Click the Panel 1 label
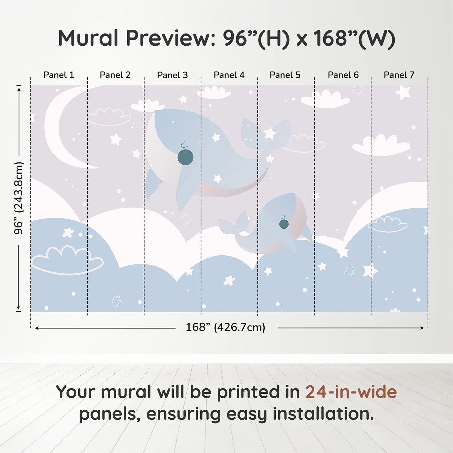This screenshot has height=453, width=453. [59, 75]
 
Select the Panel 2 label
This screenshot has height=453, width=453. [115, 75]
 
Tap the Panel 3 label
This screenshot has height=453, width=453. [172, 75]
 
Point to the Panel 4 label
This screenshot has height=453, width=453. [229, 75]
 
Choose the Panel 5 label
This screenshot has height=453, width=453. [285, 75]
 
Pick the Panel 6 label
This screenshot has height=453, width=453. [343, 75]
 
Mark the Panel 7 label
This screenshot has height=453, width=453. [399, 75]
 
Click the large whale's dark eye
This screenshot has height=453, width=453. [185, 157]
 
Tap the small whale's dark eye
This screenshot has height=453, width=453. [284, 224]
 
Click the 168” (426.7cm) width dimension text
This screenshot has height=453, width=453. [226, 327]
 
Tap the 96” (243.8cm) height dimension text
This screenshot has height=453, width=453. [19, 198]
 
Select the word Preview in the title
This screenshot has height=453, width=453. [171, 38]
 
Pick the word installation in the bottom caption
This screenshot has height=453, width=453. [323, 414]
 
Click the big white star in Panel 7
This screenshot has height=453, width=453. [403, 93]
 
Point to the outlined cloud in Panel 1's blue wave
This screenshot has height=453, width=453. [68, 261]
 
